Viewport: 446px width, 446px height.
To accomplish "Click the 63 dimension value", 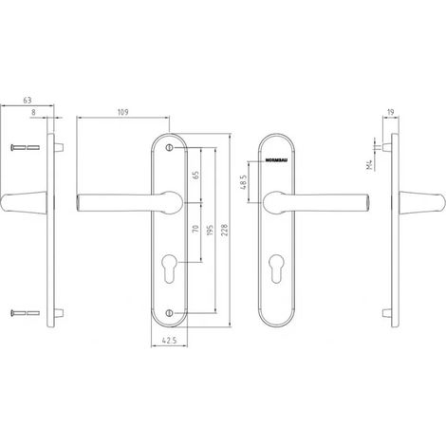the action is tap(28, 101).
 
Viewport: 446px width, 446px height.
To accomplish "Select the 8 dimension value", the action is tap(33, 112).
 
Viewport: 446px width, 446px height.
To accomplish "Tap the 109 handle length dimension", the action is tap(122, 112).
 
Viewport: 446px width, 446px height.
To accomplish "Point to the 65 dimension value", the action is tap(195, 175).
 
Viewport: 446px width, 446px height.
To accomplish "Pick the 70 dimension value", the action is tap(195, 229).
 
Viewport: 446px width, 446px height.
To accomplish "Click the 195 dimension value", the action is tap(210, 231).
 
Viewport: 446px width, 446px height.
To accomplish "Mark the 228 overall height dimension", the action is tap(224, 231).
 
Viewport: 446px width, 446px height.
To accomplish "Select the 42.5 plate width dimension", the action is tap(169, 341).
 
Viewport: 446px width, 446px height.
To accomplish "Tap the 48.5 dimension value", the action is tap(244, 182).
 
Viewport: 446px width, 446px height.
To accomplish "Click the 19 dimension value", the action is tap(390, 112).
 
